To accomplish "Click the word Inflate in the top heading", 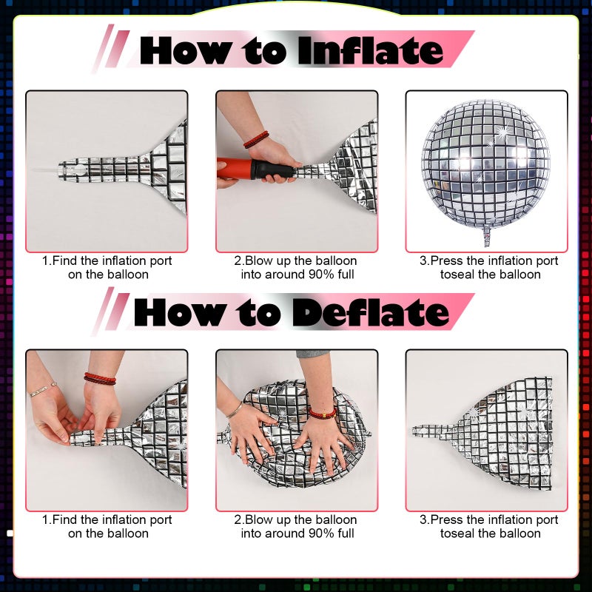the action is [x=371, y=51].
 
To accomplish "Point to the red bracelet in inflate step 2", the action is [x=256, y=139].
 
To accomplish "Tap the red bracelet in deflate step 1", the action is [x=100, y=378].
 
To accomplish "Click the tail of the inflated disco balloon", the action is [x=487, y=236].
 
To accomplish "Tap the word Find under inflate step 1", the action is [x=65, y=260].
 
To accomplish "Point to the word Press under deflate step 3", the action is [x=447, y=520].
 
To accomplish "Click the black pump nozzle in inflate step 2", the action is [x=274, y=169].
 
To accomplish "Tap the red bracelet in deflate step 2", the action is [x=323, y=413].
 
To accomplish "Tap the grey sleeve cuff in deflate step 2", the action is [x=312, y=354].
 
